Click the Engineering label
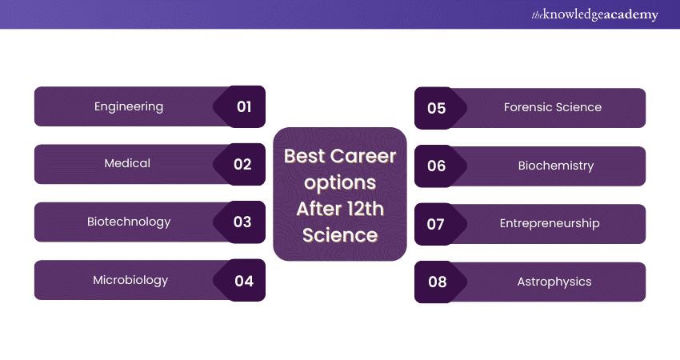coord(129,106)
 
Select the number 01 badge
coord(244,106)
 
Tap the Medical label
coord(127,163)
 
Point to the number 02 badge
coord(242,164)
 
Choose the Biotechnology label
coord(129,222)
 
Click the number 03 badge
coord(242,222)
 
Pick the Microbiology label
coord(130,280)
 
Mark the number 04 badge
coord(244,281)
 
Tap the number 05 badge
coord(436,108)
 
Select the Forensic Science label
coord(553,107)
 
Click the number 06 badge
coord(436,166)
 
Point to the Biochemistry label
coord(556,166)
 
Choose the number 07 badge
coord(435,224)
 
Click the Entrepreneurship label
coord(550,223)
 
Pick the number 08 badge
coord(437,282)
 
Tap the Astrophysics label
coord(554,282)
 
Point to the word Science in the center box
coord(340,234)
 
